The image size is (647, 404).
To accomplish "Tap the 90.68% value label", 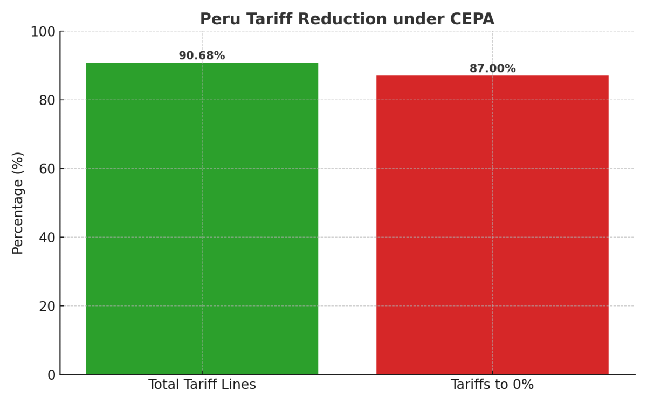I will point(202,56).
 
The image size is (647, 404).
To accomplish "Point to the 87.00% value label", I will point(492,69).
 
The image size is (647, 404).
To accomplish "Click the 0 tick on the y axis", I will point(51,375).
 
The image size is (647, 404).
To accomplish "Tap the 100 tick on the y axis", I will point(44,32).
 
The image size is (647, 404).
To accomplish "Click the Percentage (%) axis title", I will point(18,203).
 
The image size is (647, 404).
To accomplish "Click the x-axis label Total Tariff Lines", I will point(202,385).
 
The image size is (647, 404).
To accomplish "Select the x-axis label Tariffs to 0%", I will point(492,385).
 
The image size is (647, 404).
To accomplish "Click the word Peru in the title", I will point(218,19).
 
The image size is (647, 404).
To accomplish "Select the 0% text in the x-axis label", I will point(522,385).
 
